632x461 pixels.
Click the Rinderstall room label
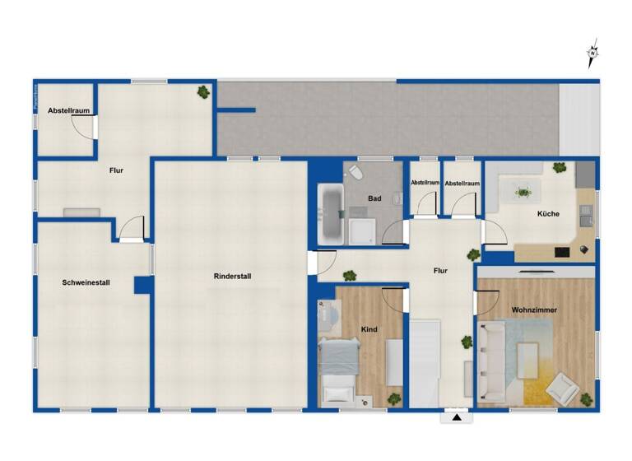(x=232, y=277)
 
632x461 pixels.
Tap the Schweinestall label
(x=86, y=282)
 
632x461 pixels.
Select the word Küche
(x=548, y=214)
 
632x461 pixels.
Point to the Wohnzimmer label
(x=534, y=310)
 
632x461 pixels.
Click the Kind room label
(x=369, y=329)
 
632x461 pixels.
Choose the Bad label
(x=374, y=198)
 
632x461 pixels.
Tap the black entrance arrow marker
(x=456, y=418)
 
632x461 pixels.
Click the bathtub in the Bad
(x=330, y=214)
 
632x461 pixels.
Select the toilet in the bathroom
(x=355, y=173)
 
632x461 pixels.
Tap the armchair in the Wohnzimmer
(x=564, y=388)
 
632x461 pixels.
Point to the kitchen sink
(x=585, y=215)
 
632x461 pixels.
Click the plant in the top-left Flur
(x=202, y=92)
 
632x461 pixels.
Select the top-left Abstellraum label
(x=67, y=110)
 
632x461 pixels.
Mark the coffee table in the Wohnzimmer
(x=528, y=360)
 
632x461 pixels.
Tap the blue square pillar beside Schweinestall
(x=143, y=285)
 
